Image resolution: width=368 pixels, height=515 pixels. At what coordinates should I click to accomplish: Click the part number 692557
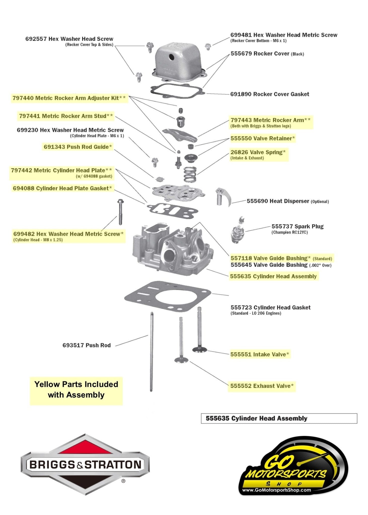point(36,39)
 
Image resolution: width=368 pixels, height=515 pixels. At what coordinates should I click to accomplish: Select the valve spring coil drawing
point(190,174)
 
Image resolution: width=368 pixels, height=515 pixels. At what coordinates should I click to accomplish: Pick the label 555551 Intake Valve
point(260,354)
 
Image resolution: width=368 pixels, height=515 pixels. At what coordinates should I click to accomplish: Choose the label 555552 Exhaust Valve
point(262,386)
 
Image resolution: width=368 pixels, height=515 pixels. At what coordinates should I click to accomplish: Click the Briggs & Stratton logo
point(85,464)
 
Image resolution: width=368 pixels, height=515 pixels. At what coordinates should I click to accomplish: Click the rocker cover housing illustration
point(179,62)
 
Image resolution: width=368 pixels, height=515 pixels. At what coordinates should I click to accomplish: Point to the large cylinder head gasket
point(168,297)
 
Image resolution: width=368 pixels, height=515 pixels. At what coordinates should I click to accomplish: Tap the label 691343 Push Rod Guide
point(78,147)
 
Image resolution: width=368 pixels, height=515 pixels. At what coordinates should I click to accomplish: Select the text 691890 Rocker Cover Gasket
point(270,94)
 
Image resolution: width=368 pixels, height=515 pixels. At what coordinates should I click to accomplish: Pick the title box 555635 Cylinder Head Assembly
point(279,418)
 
